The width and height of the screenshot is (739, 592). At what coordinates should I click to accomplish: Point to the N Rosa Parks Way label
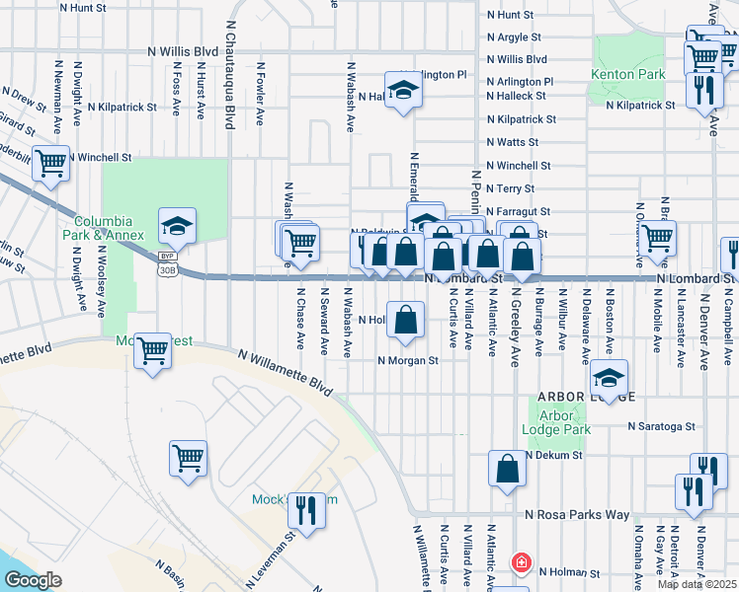577,515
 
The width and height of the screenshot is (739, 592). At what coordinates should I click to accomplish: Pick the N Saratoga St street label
662,427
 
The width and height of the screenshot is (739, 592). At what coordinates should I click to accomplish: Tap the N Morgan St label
407,361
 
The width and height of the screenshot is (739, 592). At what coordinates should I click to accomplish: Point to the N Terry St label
510,188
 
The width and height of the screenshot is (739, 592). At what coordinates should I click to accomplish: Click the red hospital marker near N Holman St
521,563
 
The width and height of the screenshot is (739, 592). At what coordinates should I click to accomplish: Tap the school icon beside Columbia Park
177,225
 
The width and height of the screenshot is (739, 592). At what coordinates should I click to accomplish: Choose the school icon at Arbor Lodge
610,377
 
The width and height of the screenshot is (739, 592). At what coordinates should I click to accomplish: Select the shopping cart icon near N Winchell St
50,163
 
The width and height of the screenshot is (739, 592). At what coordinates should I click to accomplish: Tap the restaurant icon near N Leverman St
306,510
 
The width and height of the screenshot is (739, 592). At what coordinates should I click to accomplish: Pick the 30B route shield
167,268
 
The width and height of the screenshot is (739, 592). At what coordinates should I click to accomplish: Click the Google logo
32,579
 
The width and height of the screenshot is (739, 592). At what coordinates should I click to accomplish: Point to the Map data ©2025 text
698,584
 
